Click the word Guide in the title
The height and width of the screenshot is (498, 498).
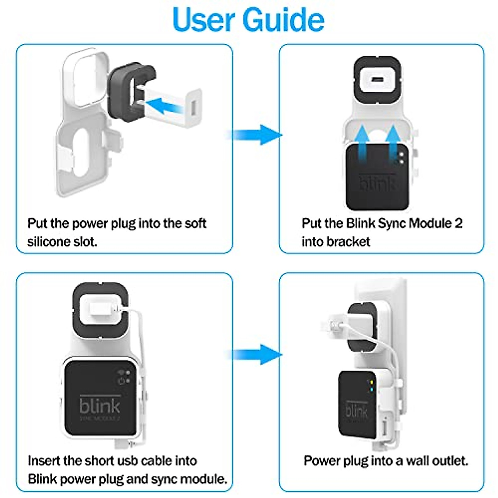[283, 20]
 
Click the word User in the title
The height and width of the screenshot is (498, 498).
[203, 20]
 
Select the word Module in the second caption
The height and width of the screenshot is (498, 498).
[430, 223]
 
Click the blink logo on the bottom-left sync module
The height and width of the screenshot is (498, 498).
[100, 405]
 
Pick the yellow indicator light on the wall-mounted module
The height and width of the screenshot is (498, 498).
[371, 382]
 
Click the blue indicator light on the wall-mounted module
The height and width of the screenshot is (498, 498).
[371, 390]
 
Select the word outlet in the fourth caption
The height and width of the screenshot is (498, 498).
[450, 461]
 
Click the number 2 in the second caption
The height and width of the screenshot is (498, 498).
[459, 223]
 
